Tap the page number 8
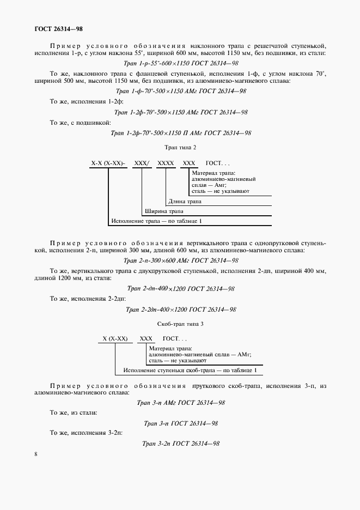coord(35,454)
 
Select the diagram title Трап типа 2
coord(180,147)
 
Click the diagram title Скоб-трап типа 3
coord(180,324)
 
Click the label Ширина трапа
coord(163,211)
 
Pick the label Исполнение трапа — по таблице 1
coord(156,221)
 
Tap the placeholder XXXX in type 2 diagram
coord(166,163)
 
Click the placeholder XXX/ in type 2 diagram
coord(142,163)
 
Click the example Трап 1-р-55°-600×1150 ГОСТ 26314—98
coord(180,63)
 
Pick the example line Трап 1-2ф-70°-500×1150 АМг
coord(181,112)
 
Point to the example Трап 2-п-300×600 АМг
coord(181,260)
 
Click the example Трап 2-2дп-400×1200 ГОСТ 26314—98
coord(180,309)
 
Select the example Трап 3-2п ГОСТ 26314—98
coord(180,444)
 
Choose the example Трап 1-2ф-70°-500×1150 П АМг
coord(181,132)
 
